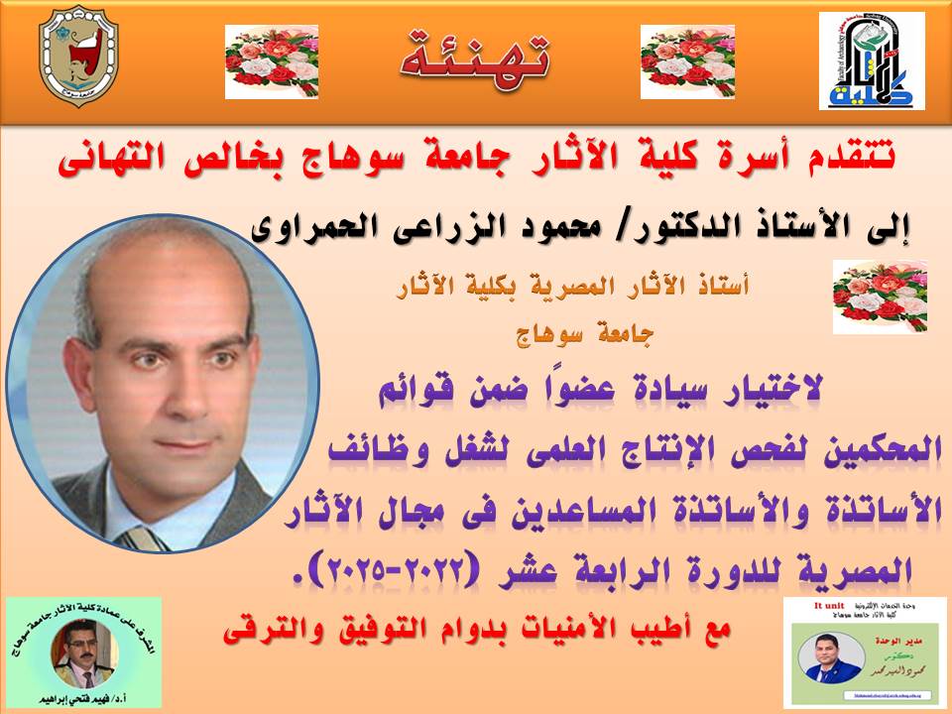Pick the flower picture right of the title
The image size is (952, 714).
pos(686,61)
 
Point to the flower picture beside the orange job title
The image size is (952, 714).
pos(880,297)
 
